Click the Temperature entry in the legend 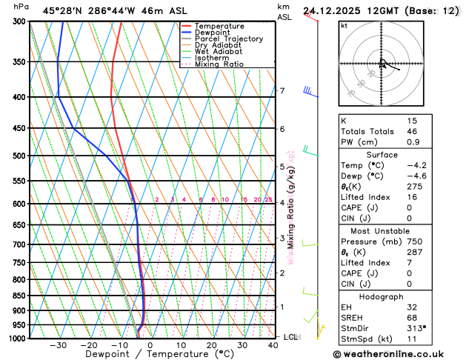pyautogui.click(x=220, y=26)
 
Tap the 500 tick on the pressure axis pyautogui.click(x=18, y=156)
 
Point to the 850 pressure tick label pyautogui.click(x=18, y=296)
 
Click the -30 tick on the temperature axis pyautogui.click(x=58, y=345)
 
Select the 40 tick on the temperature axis pyautogui.click(x=274, y=345)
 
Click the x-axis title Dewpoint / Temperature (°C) pyautogui.click(x=151, y=355)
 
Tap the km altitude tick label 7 pyautogui.click(x=282, y=91)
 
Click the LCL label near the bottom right pyautogui.click(x=291, y=337)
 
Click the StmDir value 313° pyautogui.click(x=416, y=327)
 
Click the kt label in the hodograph pyautogui.click(x=344, y=25)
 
